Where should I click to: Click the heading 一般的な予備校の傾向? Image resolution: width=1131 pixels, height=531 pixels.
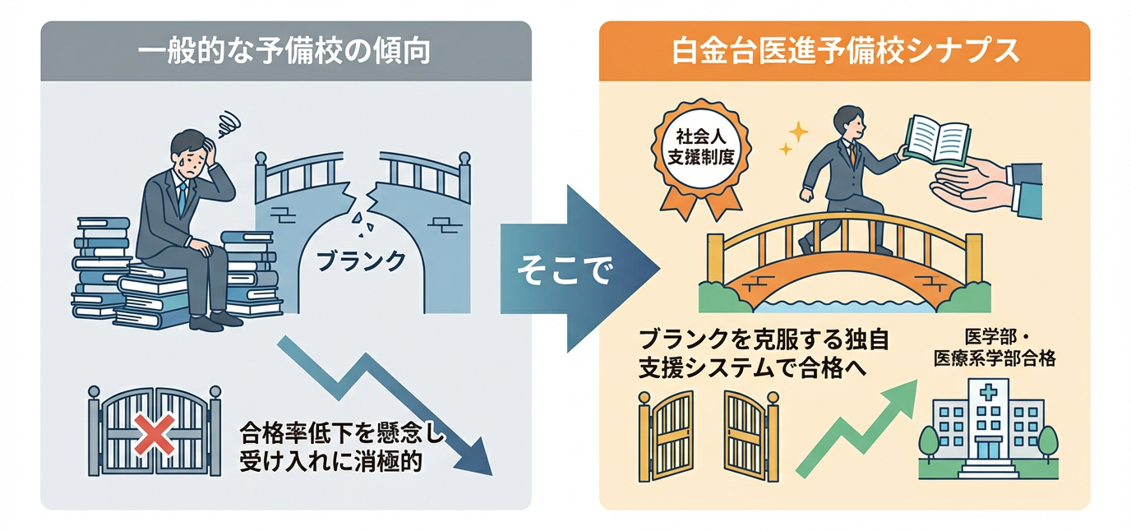(284, 52)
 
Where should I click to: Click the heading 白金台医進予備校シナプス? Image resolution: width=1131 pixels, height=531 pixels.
(845, 52)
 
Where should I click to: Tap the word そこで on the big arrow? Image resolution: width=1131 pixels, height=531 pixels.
(564, 271)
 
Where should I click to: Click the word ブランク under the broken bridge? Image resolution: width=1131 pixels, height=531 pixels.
(361, 260)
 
